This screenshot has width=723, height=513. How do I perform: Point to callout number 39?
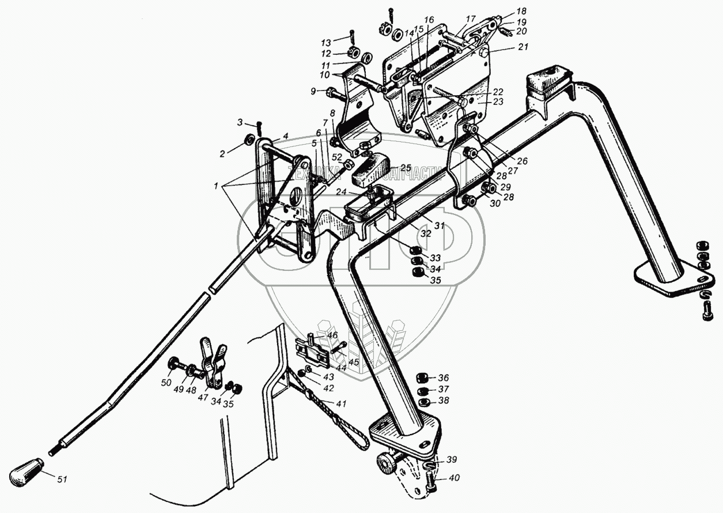tap(452, 459)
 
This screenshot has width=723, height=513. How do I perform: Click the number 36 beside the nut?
tap(442, 378)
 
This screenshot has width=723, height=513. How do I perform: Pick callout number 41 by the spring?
tap(341, 403)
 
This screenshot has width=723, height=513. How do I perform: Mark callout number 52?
tap(337, 157)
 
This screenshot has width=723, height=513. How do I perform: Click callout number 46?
tap(332, 335)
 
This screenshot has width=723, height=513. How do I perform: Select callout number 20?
tap(523, 31)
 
